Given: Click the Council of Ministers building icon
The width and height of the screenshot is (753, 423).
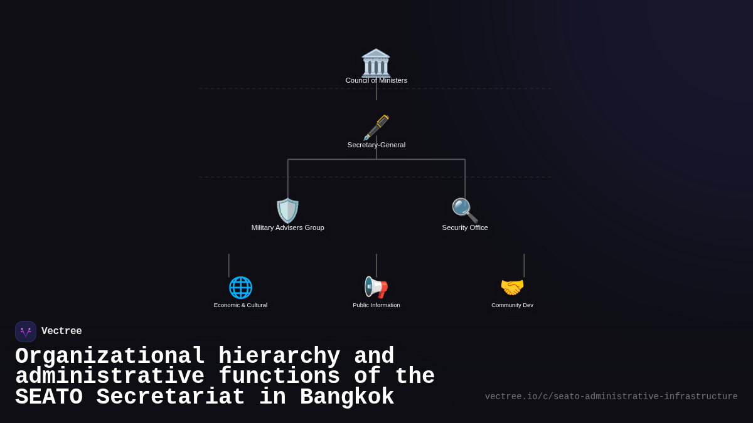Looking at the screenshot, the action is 376,63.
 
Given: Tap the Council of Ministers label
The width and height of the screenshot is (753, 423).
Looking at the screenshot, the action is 376,80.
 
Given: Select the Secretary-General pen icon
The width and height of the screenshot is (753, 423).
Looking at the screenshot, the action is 376,127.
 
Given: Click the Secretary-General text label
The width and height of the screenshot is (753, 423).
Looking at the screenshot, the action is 376,145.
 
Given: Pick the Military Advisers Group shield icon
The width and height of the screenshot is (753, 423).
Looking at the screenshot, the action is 288,211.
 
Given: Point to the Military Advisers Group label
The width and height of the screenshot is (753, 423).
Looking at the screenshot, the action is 288,227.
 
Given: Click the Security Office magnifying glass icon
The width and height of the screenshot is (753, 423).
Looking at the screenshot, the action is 465,211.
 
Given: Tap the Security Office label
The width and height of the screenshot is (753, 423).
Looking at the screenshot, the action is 465,227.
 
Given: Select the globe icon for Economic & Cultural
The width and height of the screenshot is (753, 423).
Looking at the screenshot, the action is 240,288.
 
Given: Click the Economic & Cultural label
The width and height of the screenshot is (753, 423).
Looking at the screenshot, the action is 240,305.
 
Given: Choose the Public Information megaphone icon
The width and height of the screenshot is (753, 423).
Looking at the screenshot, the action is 376,288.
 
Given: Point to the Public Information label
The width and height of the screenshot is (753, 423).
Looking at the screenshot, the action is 376,305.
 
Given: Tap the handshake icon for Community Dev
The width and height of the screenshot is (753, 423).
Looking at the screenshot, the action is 512,288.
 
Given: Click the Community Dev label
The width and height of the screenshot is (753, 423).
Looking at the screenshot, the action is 512,305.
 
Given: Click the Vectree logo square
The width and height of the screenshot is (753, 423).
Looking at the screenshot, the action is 26,332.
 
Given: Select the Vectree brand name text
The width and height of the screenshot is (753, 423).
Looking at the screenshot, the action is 61,332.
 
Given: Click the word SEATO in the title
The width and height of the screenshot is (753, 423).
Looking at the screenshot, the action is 49,397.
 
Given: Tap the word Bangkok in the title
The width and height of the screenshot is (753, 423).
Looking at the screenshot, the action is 346,397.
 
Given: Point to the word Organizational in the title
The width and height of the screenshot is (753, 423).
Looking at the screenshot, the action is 110,356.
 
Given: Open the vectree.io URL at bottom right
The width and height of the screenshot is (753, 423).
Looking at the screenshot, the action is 611,397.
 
